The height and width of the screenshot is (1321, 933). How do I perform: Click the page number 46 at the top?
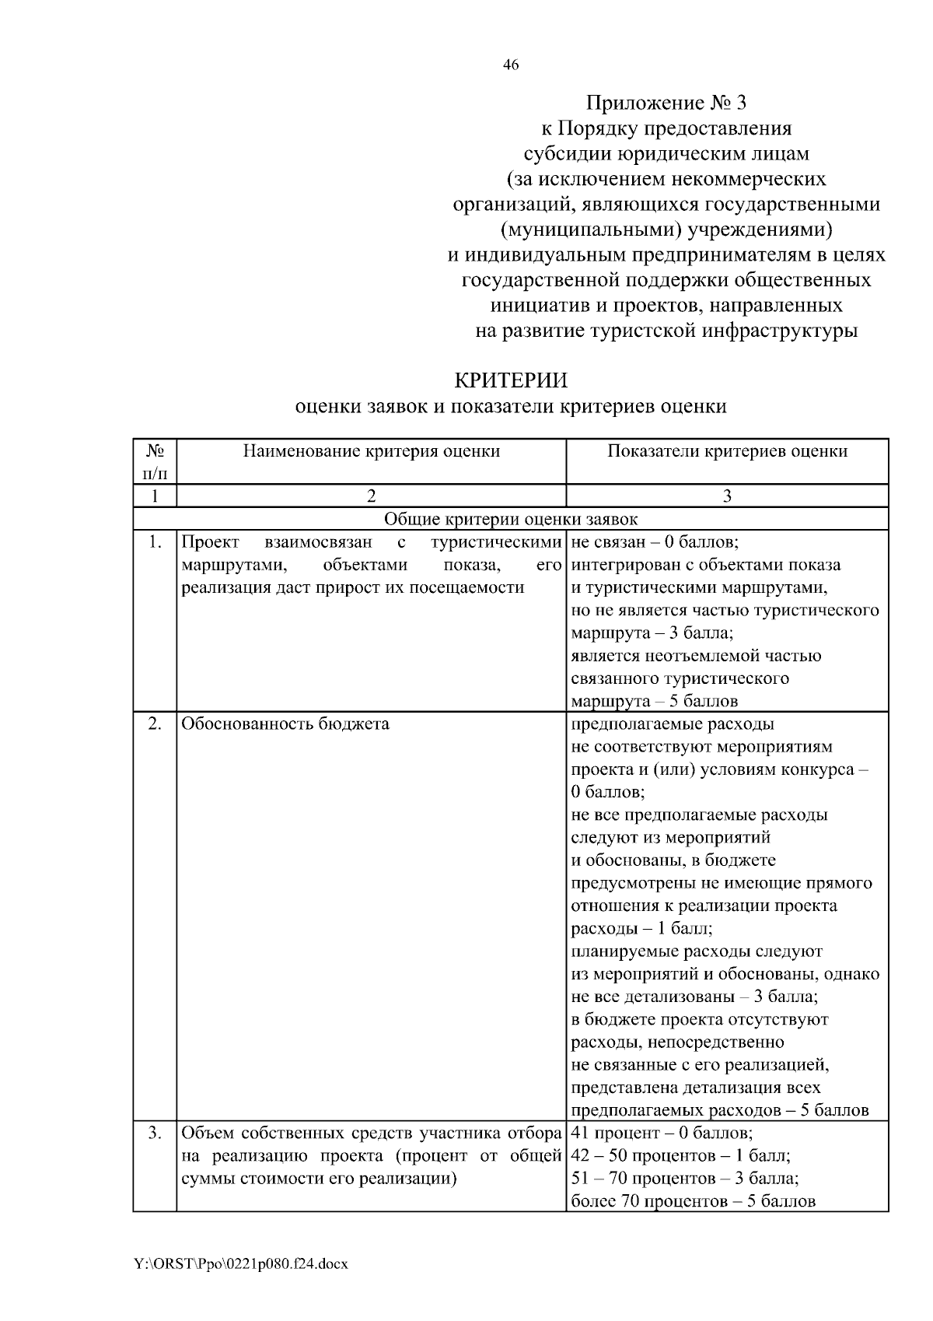pyautogui.click(x=511, y=65)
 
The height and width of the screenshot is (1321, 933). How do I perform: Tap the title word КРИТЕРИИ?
pyautogui.click(x=511, y=380)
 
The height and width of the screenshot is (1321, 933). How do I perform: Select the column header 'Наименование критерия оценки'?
pyautogui.click(x=371, y=451)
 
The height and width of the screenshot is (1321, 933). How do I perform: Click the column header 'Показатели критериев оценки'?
pyautogui.click(x=727, y=451)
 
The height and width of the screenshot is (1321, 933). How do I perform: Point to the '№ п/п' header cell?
pyautogui.click(x=154, y=461)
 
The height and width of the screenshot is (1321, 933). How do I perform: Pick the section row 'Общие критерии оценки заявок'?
pyautogui.click(x=511, y=519)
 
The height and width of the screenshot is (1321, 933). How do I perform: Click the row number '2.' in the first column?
pyautogui.click(x=154, y=724)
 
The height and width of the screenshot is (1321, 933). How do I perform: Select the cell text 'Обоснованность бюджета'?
pyautogui.click(x=285, y=724)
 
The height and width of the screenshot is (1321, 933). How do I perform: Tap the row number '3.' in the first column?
pyautogui.click(x=154, y=1133)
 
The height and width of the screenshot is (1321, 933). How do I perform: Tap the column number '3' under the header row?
pyautogui.click(x=727, y=496)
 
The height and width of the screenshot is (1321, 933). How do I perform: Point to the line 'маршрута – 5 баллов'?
pyautogui.click(x=654, y=701)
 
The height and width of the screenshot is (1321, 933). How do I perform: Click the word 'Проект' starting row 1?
pyautogui.click(x=210, y=542)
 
